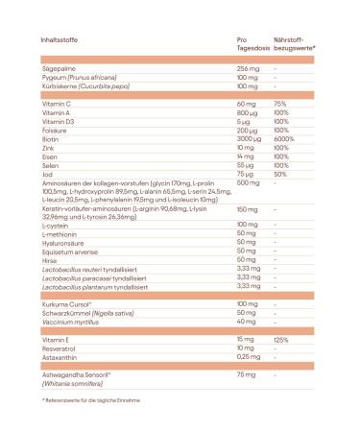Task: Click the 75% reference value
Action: [280, 103]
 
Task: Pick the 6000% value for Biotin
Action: [284, 136]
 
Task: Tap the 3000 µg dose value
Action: [251, 136]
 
